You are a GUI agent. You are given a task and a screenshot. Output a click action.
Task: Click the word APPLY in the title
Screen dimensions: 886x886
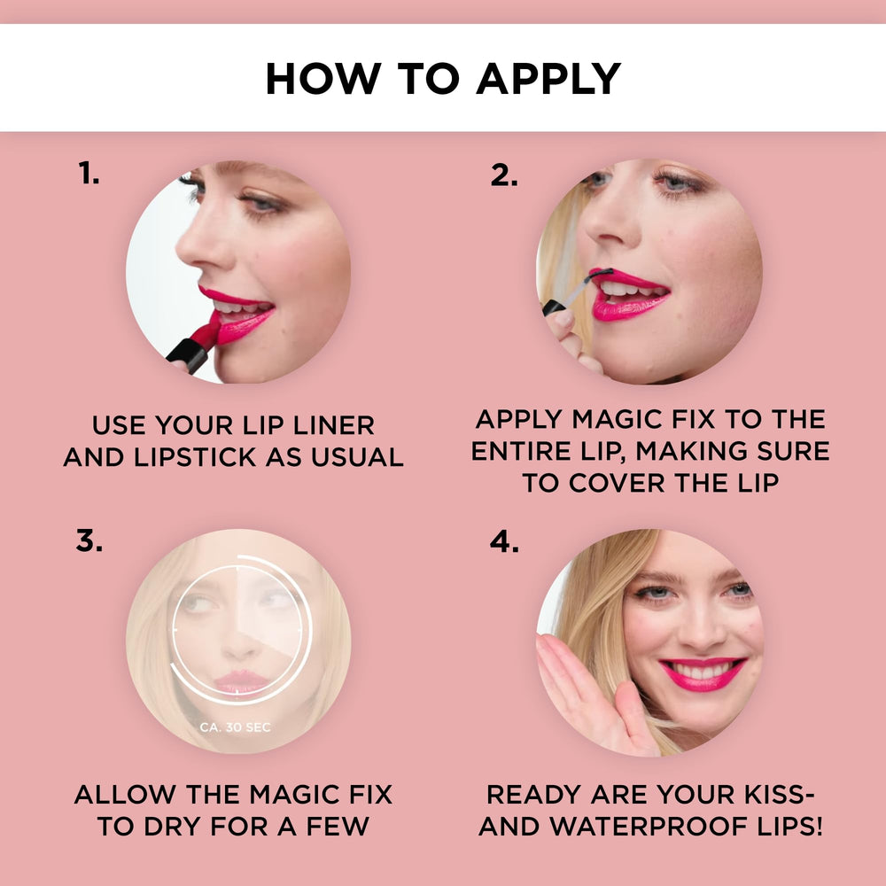[548, 79]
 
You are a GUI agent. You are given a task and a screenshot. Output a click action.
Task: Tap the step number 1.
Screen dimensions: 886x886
[89, 173]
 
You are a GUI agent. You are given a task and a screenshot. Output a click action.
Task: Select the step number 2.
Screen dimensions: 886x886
[504, 175]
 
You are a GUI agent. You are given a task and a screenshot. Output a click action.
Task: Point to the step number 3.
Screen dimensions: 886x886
[89, 540]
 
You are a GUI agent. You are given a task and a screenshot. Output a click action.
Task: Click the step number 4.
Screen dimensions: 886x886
[504, 541]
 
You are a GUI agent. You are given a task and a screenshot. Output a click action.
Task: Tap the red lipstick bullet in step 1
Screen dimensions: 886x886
[206, 334]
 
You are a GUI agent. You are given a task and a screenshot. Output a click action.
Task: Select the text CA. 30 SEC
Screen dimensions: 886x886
[235, 727]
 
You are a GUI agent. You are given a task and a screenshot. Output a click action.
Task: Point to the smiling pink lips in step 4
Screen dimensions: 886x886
[703, 673]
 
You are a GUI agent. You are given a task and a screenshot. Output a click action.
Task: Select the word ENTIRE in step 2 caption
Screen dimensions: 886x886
[517, 451]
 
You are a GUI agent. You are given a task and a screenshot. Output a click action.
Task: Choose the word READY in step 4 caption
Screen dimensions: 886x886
[534, 795]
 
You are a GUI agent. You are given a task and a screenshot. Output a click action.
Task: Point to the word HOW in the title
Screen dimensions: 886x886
[323, 79]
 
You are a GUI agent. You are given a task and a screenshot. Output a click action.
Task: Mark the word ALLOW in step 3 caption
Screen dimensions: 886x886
[125, 795]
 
